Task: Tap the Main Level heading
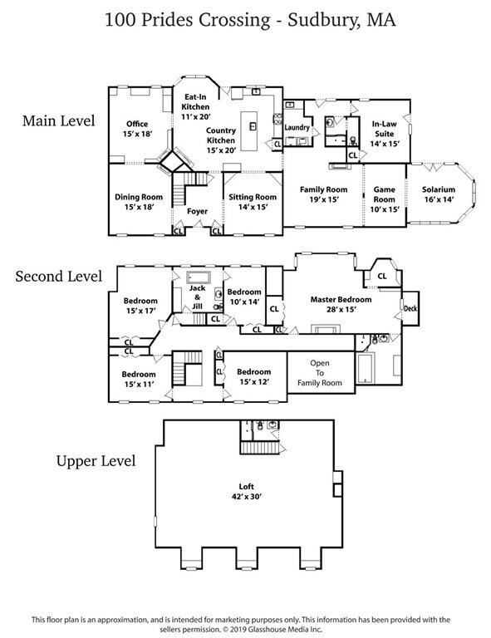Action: tap(59, 120)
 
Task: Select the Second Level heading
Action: tap(59, 276)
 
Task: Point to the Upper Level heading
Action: tap(95, 459)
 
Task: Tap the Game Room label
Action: tap(383, 194)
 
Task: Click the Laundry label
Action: tap(297, 128)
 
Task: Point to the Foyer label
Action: tap(197, 211)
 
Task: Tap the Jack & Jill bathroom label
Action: tap(197, 302)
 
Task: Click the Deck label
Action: tap(410, 307)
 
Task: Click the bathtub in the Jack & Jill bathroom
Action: tap(199, 277)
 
